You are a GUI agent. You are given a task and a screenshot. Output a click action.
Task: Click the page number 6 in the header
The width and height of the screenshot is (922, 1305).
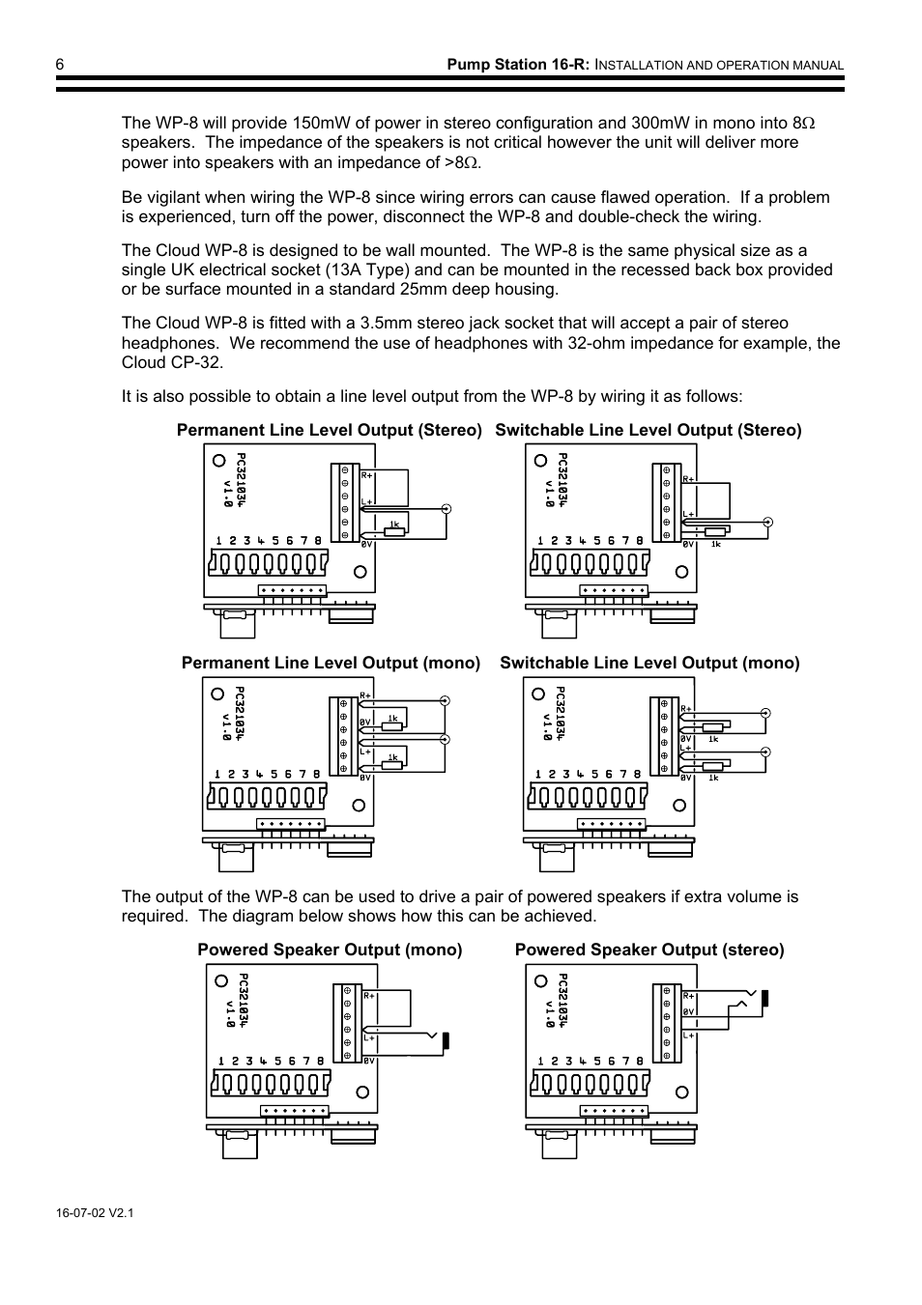pyautogui.click(x=60, y=64)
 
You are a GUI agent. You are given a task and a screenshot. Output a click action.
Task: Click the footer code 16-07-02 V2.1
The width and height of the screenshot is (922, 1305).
pyautogui.click(x=95, y=1212)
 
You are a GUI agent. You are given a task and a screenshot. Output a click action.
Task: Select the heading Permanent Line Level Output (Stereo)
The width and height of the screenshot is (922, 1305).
pyautogui.click(x=329, y=431)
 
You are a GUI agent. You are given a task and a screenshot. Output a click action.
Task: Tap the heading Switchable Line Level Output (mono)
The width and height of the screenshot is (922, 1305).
pyautogui.click(x=649, y=664)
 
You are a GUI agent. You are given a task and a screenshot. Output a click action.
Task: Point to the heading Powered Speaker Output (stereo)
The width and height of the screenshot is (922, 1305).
pyautogui.click(x=649, y=950)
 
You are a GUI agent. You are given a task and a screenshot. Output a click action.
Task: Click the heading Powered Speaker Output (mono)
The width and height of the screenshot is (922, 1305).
pyautogui.click(x=330, y=950)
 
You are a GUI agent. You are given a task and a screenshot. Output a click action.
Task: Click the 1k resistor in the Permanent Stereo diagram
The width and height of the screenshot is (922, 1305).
pyautogui.click(x=393, y=530)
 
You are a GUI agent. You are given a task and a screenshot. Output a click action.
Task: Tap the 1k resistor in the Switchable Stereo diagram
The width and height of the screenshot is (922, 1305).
pyautogui.click(x=715, y=531)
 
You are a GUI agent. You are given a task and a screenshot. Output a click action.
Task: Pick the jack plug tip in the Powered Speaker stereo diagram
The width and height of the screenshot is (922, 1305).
pyautogui.click(x=764, y=999)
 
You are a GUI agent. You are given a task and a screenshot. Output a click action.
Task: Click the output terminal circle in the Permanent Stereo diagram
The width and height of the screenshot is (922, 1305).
pyautogui.click(x=446, y=508)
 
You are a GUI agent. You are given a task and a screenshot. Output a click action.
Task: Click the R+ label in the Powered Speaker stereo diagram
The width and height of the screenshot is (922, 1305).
pyautogui.click(x=689, y=995)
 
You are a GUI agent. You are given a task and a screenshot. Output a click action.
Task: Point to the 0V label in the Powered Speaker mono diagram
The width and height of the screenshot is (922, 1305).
pyautogui.click(x=368, y=1061)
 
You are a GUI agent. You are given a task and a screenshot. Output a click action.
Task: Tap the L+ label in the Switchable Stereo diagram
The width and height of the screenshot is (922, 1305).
pyautogui.click(x=688, y=514)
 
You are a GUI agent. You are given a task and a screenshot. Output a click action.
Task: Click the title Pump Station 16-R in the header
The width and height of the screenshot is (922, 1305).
pyautogui.click(x=517, y=65)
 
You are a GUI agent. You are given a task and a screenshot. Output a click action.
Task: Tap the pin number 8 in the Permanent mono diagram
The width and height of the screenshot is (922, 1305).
pyautogui.click(x=317, y=774)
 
